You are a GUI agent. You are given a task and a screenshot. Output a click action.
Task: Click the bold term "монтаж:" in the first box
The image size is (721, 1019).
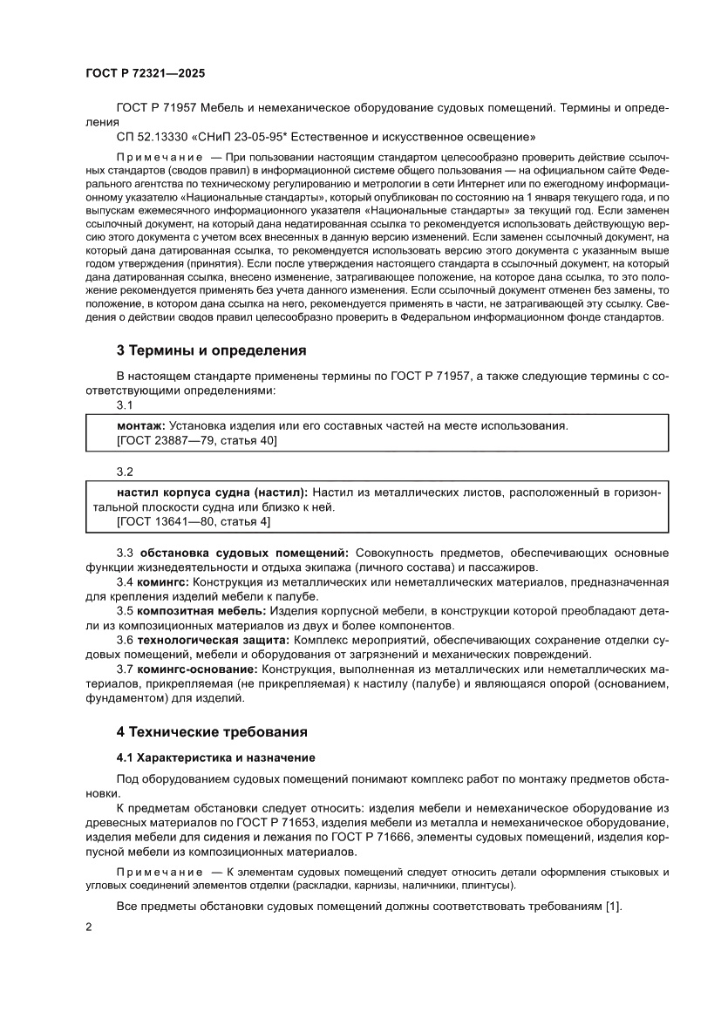click(x=140, y=426)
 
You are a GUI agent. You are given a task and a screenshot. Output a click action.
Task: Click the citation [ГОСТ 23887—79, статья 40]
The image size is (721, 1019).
click(x=196, y=442)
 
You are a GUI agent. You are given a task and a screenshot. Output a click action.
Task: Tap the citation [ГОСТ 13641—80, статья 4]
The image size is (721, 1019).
click(x=193, y=521)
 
